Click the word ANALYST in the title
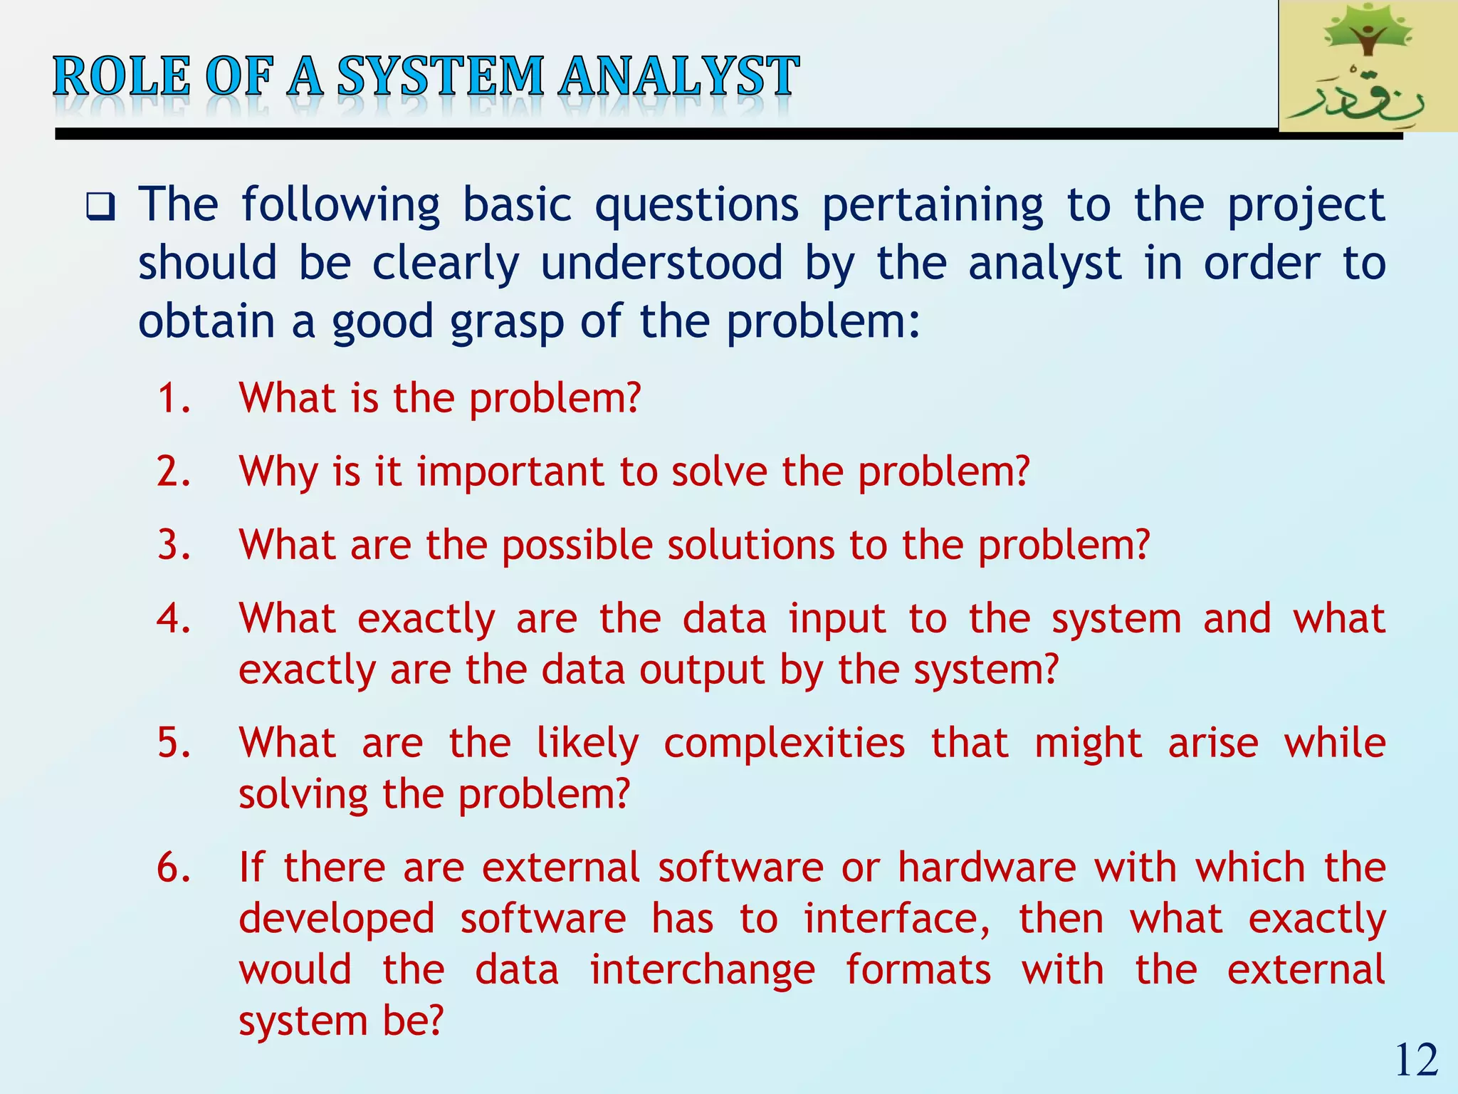(678, 76)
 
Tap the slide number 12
(1416, 1061)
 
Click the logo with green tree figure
(1367, 66)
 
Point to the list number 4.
(174, 618)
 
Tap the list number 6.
(174, 868)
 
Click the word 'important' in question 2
(509, 472)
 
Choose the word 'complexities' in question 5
(784, 744)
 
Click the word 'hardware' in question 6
(986, 868)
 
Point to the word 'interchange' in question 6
(702, 970)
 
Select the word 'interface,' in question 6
(896, 919)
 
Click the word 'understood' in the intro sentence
(661, 264)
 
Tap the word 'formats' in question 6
(918, 970)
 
